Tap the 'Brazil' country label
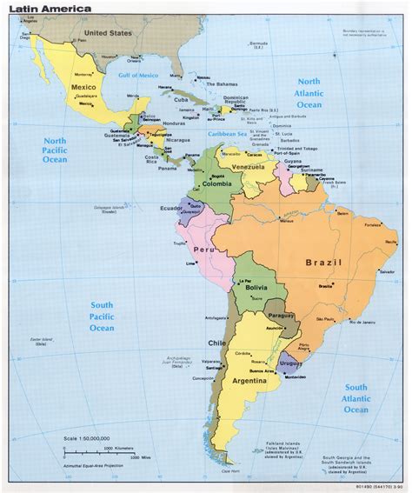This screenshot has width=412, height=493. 322,262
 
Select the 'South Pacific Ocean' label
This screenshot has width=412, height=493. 96,316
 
